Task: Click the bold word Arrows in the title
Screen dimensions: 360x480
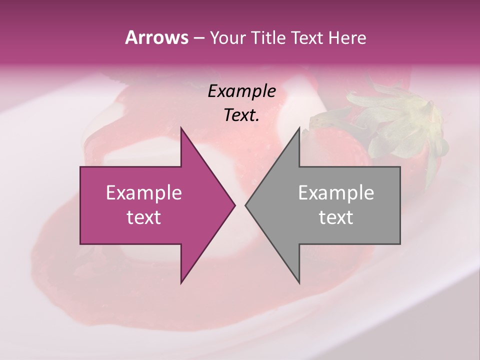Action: [156, 37]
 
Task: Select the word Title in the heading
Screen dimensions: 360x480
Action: [268, 37]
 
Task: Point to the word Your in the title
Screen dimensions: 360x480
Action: [227, 37]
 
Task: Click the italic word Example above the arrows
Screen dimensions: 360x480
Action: [242, 91]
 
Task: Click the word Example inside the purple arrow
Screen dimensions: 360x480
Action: [144, 193]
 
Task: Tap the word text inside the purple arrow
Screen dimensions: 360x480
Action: [144, 217]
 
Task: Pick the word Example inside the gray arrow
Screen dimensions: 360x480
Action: [336, 193]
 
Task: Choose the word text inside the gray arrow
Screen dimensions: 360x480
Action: [336, 217]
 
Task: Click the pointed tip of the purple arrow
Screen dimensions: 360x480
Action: [235, 205]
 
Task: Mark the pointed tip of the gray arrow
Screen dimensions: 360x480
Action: [245, 205]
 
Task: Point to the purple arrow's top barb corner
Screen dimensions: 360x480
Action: [181, 128]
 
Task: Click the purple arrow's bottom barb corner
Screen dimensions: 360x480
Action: [181, 283]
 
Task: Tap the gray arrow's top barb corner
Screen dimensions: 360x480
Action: [299, 128]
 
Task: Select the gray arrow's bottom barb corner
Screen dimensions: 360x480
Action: [299, 283]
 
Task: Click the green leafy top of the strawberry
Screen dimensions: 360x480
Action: [400, 120]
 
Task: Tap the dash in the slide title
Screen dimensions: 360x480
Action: [198, 38]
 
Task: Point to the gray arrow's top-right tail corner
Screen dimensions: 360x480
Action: [400, 167]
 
